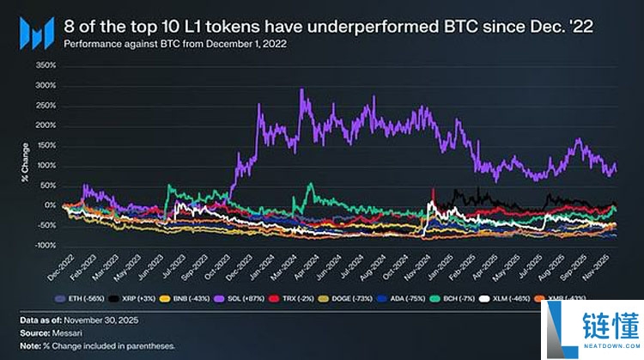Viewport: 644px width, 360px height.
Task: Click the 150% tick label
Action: click(46, 146)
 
